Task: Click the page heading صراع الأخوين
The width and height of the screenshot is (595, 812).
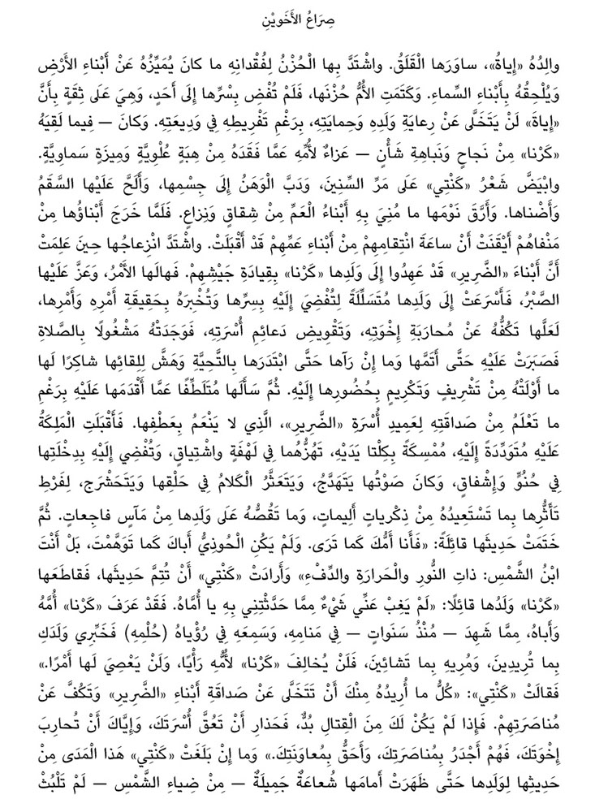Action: (x=296, y=18)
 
